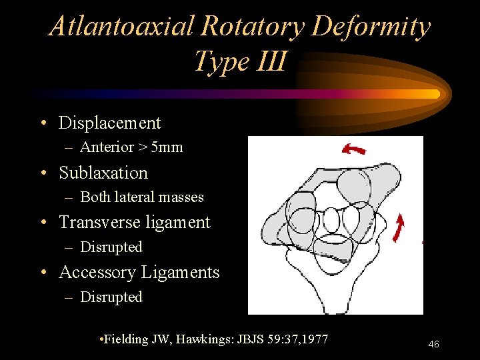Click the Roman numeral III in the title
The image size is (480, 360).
pos(270,61)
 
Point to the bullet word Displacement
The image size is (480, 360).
pos(110,123)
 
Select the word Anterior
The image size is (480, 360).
pos(107,147)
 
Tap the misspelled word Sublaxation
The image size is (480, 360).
pos(103,173)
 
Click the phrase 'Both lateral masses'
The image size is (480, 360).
pos(142,197)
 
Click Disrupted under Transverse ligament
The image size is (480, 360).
pos(111,247)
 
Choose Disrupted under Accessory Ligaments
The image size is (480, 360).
pos(111,297)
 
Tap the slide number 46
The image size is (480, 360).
pos(433,344)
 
